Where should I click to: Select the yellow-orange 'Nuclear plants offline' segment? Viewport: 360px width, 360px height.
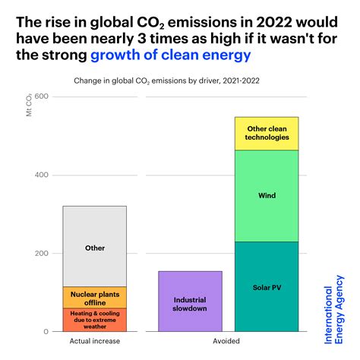[x=94, y=297]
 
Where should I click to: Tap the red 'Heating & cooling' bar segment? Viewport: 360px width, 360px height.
[x=94, y=319]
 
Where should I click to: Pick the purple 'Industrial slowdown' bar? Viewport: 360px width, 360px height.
[x=190, y=302]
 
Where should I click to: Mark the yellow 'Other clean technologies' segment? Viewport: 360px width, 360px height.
[x=267, y=133]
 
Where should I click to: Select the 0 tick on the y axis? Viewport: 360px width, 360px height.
[x=46, y=332]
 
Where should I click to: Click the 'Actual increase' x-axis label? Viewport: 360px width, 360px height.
[x=94, y=343]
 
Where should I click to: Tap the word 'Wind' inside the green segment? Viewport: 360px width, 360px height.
[x=267, y=195]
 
